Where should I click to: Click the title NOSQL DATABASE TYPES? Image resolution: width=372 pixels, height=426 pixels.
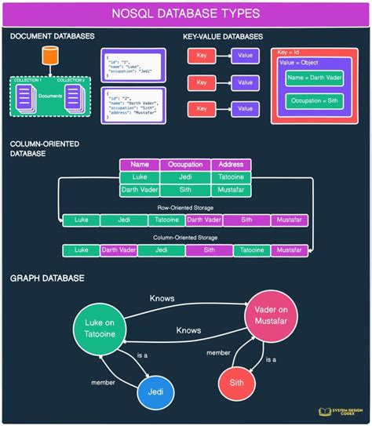186,14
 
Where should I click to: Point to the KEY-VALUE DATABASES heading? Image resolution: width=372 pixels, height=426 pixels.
224,37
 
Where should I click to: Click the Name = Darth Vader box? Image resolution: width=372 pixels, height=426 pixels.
314,78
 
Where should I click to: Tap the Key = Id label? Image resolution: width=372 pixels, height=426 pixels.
290,52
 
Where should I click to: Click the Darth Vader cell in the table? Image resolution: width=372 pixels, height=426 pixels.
140,190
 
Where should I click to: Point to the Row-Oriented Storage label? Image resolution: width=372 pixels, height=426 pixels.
186,208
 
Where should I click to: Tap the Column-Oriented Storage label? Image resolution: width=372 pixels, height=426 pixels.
186,236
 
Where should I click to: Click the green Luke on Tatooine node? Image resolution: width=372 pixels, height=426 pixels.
100,330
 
